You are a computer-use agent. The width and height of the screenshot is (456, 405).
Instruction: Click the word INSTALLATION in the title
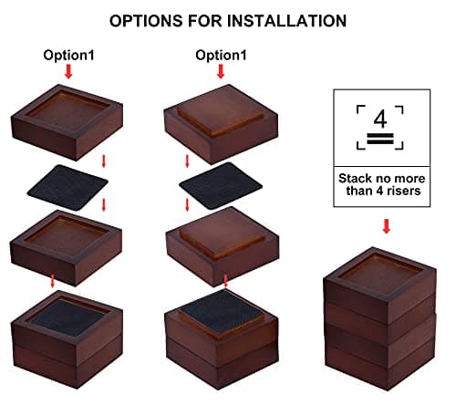click(x=286, y=21)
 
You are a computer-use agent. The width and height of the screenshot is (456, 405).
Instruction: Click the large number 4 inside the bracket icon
click(x=380, y=119)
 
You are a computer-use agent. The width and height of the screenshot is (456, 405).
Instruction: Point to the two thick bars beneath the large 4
click(x=380, y=139)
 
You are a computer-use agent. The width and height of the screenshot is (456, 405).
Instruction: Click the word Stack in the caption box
click(x=355, y=179)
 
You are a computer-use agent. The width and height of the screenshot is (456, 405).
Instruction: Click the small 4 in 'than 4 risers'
click(x=380, y=191)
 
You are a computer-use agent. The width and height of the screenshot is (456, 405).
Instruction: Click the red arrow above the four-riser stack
click(x=387, y=226)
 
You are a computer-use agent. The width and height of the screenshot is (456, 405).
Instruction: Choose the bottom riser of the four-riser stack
click(x=380, y=365)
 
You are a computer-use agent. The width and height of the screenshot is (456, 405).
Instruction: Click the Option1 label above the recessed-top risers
click(x=68, y=56)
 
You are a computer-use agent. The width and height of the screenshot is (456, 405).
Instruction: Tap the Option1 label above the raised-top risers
click(x=221, y=56)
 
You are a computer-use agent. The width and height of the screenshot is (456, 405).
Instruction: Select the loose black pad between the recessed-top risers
click(x=67, y=187)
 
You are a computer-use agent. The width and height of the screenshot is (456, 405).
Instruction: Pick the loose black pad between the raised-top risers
click(x=221, y=185)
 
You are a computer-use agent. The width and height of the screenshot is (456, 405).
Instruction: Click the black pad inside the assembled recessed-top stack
click(x=67, y=317)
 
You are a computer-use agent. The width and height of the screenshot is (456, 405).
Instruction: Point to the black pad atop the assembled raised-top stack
click(x=222, y=308)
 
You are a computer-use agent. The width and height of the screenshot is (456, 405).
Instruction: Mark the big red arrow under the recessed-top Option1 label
click(x=68, y=72)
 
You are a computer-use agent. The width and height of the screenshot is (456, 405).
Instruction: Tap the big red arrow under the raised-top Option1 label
click(x=221, y=72)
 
